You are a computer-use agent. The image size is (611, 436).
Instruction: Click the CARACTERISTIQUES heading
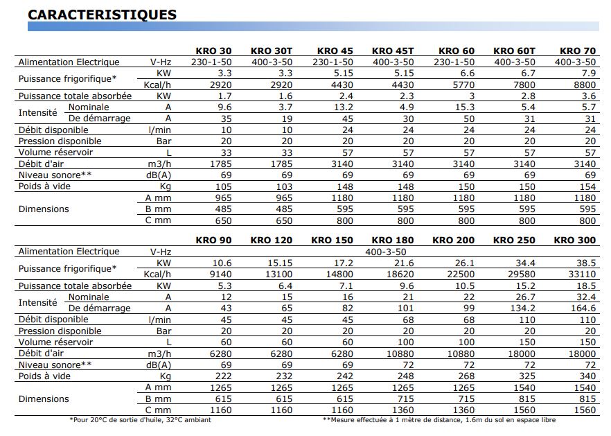[102, 15]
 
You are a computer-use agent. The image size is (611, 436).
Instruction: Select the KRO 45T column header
[393, 51]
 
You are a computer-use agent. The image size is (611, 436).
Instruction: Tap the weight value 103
[283, 186]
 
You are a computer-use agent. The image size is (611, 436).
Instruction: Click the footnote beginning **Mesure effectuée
[439, 419]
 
